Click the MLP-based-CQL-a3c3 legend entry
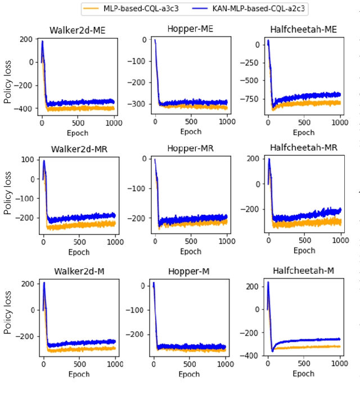tap(136, 8)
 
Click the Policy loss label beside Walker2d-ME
tap(8, 75)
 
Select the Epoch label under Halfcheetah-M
tap(303, 373)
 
